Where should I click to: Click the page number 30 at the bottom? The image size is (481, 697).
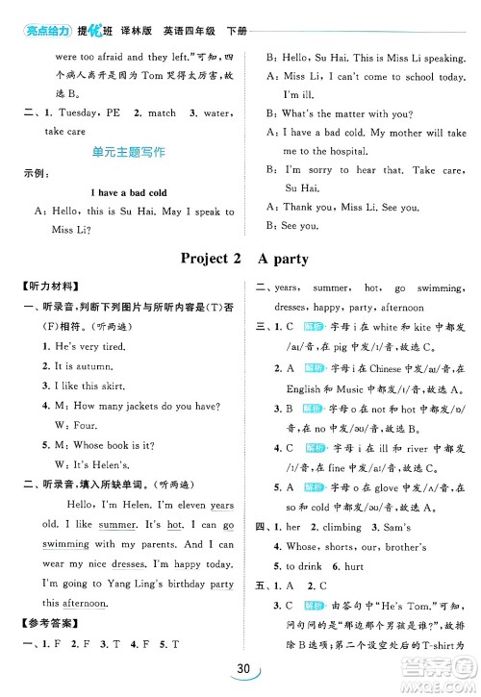pos(240,674)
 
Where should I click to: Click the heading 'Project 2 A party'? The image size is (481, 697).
pos(240,258)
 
